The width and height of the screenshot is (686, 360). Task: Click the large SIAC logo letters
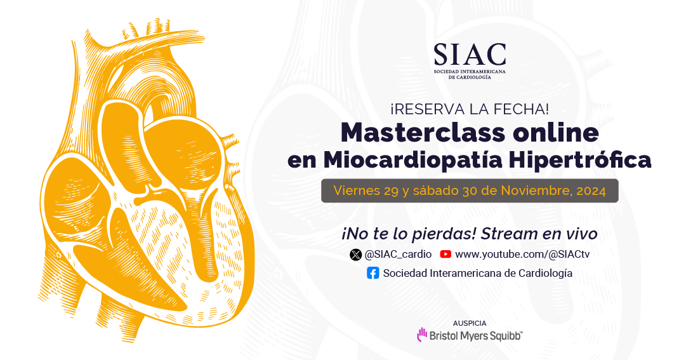pyautogui.click(x=470, y=55)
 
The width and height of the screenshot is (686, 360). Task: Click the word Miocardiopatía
pyautogui.click(x=412, y=160)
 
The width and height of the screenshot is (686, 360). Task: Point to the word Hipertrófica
pyautogui.click(x=579, y=160)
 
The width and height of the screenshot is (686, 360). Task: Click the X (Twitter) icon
pyautogui.click(x=355, y=255)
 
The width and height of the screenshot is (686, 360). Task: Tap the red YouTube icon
pyautogui.click(x=445, y=254)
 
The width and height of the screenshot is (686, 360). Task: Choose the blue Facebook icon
pyautogui.click(x=373, y=273)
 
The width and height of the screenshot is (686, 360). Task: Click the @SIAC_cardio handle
pyautogui.click(x=398, y=255)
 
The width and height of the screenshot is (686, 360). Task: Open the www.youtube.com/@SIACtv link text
pyautogui.click(x=522, y=255)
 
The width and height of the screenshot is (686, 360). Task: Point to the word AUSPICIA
pyautogui.click(x=470, y=323)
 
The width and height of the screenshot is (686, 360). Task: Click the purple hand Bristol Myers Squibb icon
pyautogui.click(x=422, y=335)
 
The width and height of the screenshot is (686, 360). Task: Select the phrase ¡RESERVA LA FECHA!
pyautogui.click(x=470, y=109)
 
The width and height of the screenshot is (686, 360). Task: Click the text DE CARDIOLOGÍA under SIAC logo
pyautogui.click(x=470, y=77)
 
